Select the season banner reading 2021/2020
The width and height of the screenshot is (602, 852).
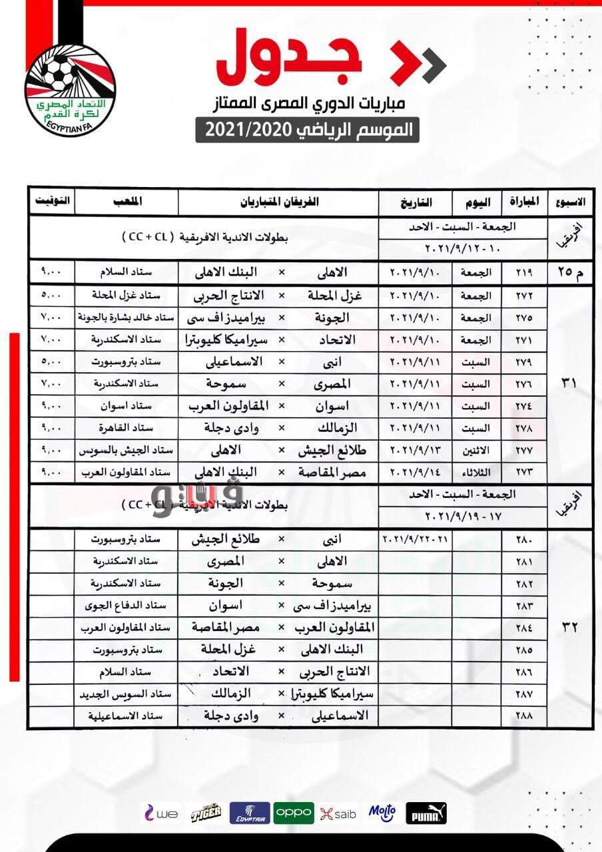307,130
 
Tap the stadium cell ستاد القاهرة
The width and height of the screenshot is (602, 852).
126,428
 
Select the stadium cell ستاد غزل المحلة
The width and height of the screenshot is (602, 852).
126,295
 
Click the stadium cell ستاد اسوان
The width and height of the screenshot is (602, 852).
126,406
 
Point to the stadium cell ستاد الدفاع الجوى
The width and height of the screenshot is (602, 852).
126,606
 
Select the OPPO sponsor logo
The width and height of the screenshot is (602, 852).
294,813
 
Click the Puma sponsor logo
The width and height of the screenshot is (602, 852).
426,813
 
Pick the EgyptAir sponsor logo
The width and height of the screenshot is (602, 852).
249,813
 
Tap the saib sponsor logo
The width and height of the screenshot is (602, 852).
338,813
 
